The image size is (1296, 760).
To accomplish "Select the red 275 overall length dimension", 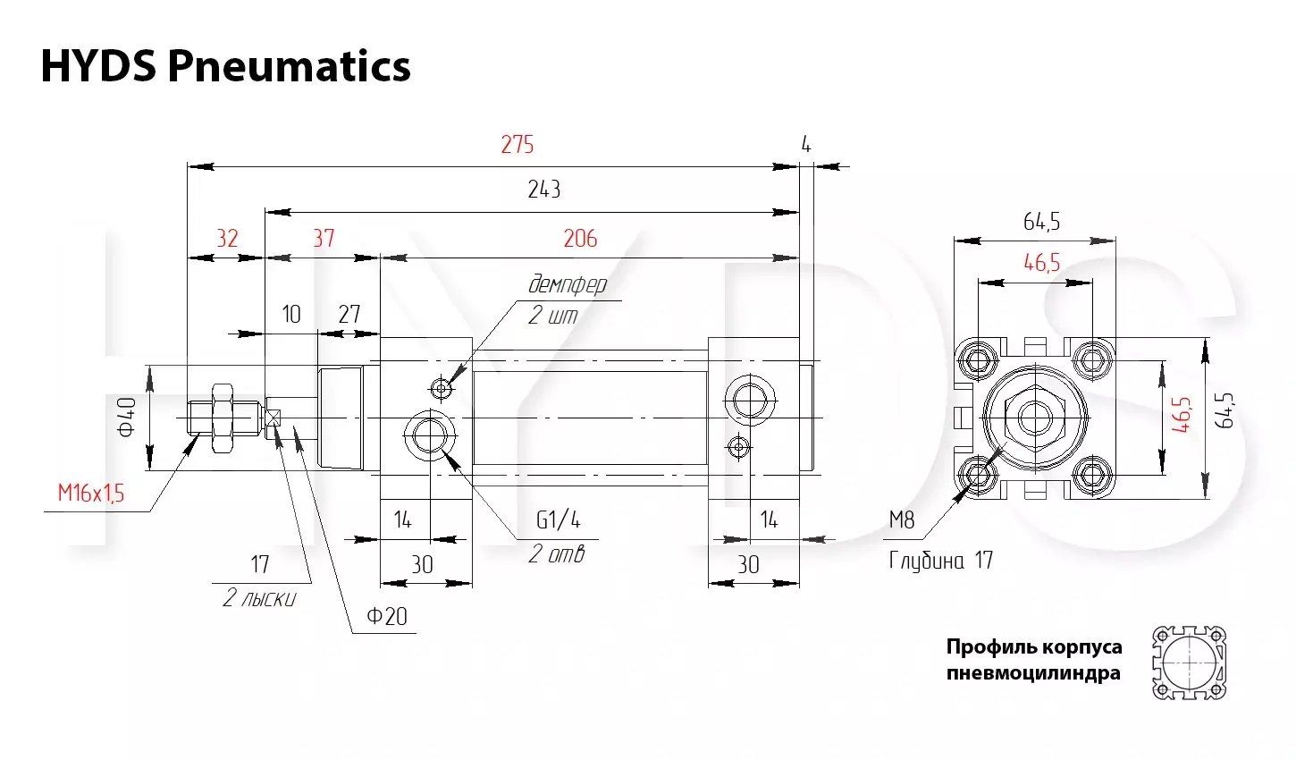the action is (x=518, y=145).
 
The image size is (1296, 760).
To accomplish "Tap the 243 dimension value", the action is (x=543, y=190).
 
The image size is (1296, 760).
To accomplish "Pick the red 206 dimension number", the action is (x=580, y=239).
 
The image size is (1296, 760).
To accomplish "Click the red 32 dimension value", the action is (x=227, y=239).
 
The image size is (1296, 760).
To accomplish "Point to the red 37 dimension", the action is (x=324, y=239).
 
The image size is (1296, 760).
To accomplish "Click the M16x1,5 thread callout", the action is (x=91, y=494).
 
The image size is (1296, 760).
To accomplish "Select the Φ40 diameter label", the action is (x=127, y=417).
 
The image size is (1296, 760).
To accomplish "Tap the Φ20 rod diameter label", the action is (x=386, y=616).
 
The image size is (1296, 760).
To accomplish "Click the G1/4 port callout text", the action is (x=559, y=519).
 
